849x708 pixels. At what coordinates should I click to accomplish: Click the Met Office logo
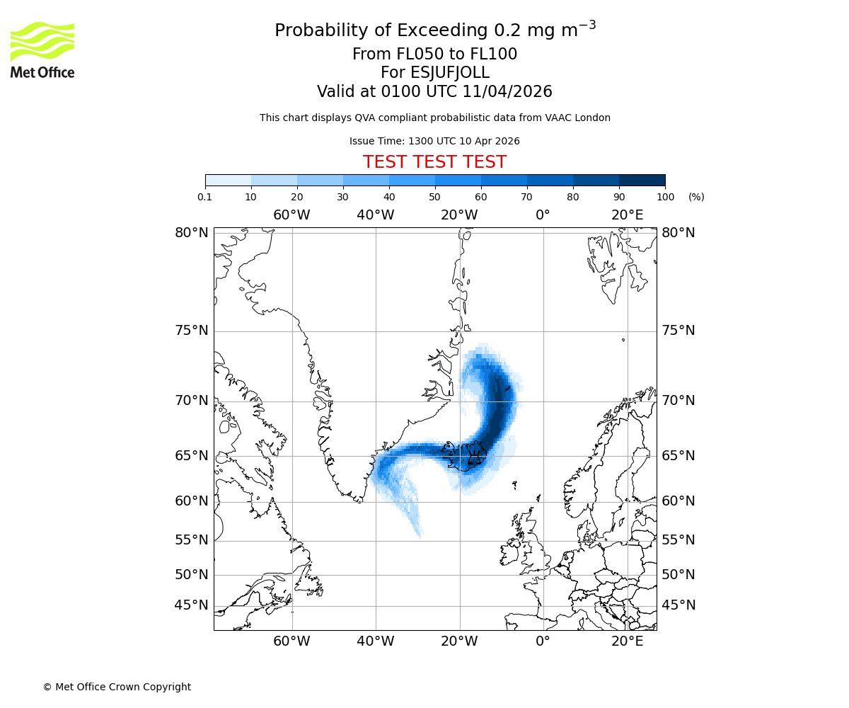[42, 50]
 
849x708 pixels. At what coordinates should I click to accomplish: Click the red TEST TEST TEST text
[434, 162]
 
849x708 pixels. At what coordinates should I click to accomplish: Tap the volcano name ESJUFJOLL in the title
[434, 73]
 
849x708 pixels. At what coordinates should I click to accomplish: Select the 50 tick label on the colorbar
[434, 197]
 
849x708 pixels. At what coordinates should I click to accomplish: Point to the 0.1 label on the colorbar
[205, 197]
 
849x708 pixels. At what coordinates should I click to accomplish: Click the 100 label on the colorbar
[665, 197]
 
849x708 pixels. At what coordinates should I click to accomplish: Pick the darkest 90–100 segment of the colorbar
[642, 180]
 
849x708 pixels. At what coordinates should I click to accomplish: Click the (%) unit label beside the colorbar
[696, 197]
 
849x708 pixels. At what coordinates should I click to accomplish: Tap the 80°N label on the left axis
[192, 233]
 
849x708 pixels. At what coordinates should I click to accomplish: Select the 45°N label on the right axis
[678, 605]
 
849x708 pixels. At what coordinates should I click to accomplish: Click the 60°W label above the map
[291, 215]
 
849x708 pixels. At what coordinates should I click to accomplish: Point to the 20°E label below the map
[628, 641]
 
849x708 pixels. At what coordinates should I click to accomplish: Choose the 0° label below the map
[543, 641]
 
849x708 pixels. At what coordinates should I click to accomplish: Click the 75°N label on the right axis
[678, 331]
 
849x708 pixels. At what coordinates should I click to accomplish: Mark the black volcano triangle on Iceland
[472, 450]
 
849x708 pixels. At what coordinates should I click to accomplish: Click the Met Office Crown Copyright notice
[117, 687]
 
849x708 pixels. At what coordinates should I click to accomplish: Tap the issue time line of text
[434, 141]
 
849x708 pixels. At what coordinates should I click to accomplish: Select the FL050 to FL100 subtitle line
[434, 55]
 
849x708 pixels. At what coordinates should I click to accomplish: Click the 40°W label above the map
[375, 215]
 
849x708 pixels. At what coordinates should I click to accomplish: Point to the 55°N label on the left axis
[192, 540]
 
